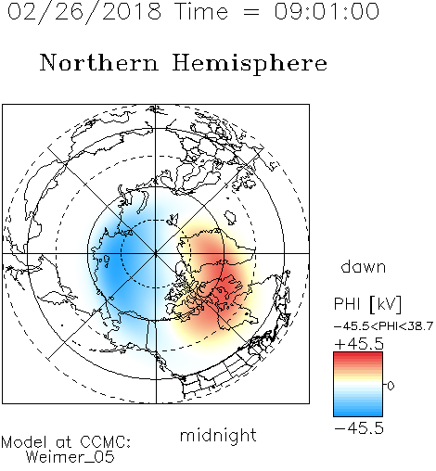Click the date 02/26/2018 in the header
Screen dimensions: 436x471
coord(84,12)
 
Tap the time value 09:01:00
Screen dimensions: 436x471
coord(327,11)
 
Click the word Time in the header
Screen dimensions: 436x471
coord(201,11)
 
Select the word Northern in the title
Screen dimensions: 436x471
coord(99,62)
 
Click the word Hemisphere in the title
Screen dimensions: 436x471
coord(250,64)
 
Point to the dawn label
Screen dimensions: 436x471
coord(364,266)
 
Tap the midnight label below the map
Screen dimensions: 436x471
coord(218,435)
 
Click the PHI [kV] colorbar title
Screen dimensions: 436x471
coord(367,304)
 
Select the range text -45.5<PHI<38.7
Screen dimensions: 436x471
coord(383,326)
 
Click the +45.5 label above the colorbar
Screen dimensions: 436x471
coord(359,344)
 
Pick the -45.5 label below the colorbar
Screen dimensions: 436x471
coord(359,428)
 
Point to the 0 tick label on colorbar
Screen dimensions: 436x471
coord(391,386)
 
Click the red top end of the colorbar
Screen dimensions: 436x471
coord(358,355)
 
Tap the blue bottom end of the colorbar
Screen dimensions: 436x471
coord(358,414)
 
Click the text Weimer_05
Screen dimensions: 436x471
coord(71,457)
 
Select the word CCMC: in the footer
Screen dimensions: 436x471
coord(106,442)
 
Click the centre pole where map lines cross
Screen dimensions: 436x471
coord(156,253)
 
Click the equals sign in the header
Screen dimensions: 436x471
coord(251,12)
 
